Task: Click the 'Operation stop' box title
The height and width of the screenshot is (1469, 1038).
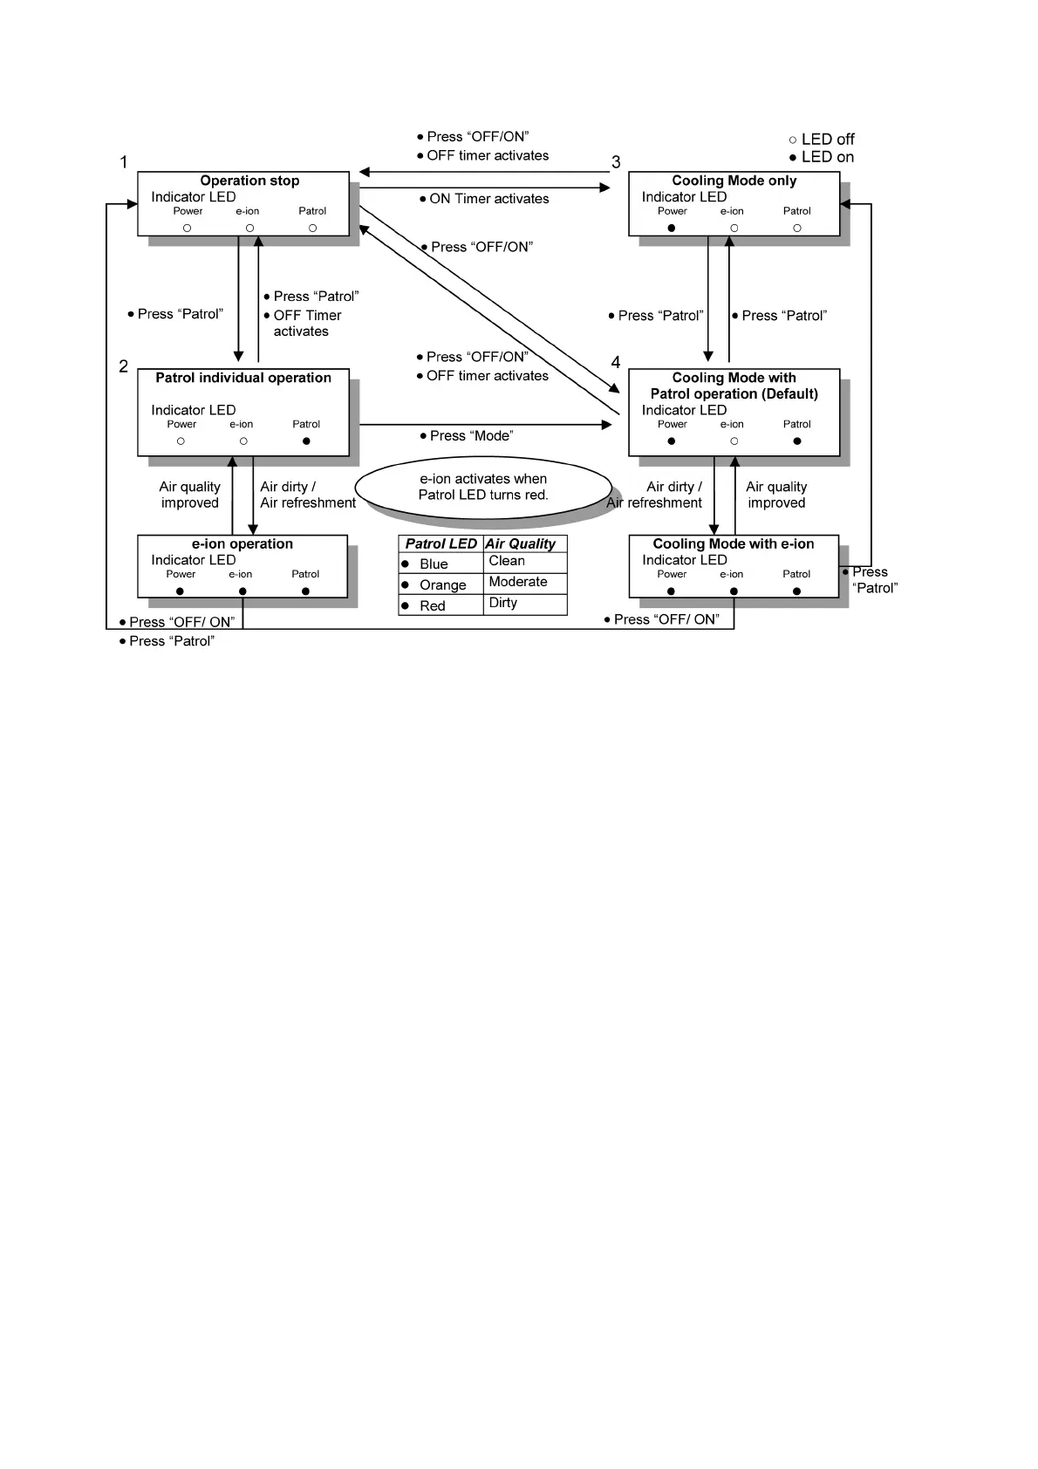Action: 249,181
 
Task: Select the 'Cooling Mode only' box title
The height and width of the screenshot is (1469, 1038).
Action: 734,181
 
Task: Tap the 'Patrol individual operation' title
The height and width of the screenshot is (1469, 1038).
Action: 243,378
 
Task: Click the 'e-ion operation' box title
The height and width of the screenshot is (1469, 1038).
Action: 242,543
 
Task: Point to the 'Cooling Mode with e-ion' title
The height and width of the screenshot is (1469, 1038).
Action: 734,543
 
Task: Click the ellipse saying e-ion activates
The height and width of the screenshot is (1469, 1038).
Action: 483,487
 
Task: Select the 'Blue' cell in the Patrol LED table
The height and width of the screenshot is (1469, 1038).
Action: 434,564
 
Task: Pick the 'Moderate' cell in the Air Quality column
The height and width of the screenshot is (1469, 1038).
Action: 518,582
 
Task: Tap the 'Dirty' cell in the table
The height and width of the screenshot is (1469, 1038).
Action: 503,603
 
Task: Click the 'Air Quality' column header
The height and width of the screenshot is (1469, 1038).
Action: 520,543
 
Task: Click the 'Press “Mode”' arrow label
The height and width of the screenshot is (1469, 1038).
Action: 471,436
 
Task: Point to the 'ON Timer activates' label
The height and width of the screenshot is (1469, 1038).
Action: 488,199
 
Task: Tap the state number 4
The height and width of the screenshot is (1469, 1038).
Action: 616,362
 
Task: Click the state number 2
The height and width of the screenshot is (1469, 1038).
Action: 124,366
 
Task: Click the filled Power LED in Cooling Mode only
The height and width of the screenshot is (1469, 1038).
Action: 671,229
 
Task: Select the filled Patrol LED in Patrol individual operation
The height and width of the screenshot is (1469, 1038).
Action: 306,441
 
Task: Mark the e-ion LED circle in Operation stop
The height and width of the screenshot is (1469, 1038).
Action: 249,229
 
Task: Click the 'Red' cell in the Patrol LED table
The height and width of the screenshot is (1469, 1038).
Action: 433,606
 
